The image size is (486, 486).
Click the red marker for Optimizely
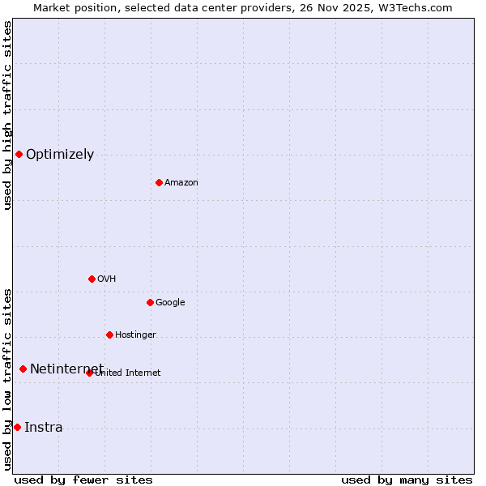tap(19, 154)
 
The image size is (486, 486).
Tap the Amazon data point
tap(159, 182)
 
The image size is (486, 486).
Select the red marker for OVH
tap(92, 279)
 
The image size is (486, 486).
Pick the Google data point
tap(150, 302)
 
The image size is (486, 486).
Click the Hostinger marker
tap(109, 335)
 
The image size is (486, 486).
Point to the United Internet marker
tap(89, 373)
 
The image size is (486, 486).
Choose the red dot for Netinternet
tap(23, 369)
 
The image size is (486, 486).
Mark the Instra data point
tap(17, 427)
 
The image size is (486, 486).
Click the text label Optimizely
tap(60, 155)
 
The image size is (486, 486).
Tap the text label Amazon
tap(181, 183)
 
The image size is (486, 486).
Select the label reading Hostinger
tap(135, 335)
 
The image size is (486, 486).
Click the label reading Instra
tap(43, 428)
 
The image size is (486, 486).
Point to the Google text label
tap(170, 303)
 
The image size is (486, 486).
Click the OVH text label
tap(106, 279)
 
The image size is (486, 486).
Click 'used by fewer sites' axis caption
tap(83, 480)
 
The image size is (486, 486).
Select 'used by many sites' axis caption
tap(407, 480)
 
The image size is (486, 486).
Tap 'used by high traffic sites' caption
tap(7, 115)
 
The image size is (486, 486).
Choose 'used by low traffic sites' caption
tap(7, 379)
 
